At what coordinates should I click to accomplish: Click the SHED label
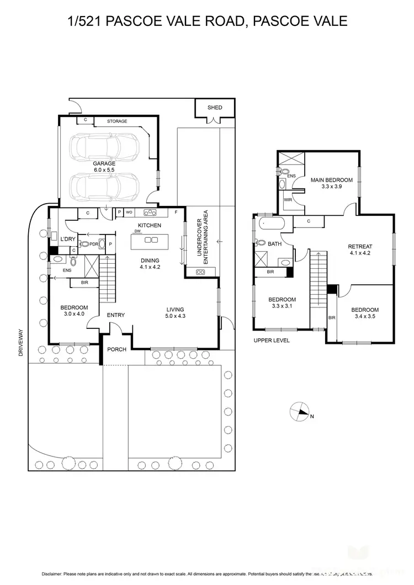(215, 107)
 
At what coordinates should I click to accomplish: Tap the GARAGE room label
(104, 163)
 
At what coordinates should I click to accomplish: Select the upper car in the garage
(104, 147)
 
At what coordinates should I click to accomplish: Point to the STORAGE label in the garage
(117, 121)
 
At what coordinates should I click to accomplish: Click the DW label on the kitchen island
(136, 232)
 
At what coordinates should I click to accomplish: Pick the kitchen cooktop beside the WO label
(150, 212)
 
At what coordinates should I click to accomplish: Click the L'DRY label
(68, 238)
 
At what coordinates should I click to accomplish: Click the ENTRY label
(116, 315)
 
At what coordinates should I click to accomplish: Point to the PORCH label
(116, 349)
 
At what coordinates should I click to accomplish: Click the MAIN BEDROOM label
(331, 180)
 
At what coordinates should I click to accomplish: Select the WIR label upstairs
(287, 200)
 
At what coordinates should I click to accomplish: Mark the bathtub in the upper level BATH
(270, 225)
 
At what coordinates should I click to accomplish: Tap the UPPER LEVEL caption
(271, 341)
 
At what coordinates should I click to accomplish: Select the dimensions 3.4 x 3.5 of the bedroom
(365, 317)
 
